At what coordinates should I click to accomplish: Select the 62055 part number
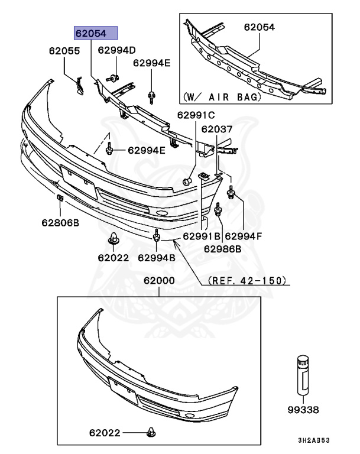coord(64,51)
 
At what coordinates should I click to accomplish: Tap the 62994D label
coord(116,50)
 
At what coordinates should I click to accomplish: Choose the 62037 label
coord(216,129)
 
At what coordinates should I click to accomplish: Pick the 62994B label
coord(156,257)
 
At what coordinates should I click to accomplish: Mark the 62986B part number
coord(223,249)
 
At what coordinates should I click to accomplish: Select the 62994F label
coord(243,236)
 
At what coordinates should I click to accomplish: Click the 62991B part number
coord(202,236)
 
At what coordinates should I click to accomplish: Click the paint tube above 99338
coord(302,374)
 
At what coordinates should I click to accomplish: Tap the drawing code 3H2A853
coord(313,441)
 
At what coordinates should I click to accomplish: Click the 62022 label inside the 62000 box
coord(105,433)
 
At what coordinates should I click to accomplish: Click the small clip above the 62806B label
coord(60,198)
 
